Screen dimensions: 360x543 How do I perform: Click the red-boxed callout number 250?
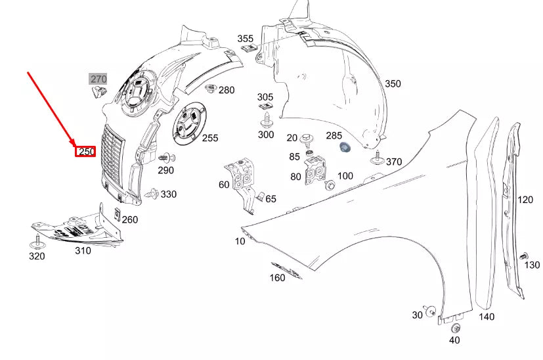pos(87,152)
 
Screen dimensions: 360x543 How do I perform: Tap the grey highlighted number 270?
pos(98,79)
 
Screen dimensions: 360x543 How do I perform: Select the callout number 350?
pos(393,84)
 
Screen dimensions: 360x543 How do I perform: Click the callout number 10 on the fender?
pos(240,241)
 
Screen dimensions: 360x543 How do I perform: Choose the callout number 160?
pos(277,278)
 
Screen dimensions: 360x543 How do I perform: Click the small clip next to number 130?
pos(523,255)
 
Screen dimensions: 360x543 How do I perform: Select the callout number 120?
pos(525,200)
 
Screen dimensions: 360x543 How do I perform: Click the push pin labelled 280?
pos(211,89)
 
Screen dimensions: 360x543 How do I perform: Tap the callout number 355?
pos(245,39)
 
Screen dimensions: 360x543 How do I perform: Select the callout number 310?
pos(83,250)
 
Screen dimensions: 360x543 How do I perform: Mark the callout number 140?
pos(486,317)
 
